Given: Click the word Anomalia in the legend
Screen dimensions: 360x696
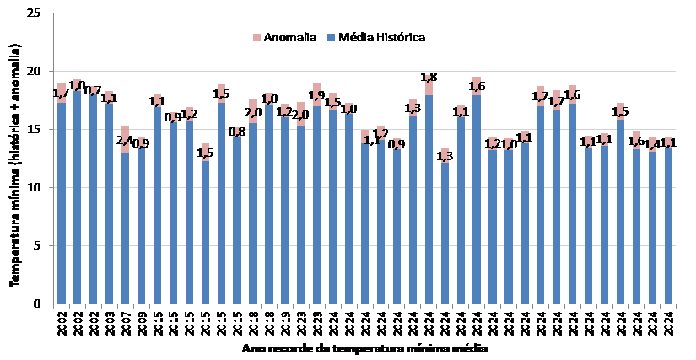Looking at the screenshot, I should coord(289,38).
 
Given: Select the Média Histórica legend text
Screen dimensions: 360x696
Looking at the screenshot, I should coord(381,38).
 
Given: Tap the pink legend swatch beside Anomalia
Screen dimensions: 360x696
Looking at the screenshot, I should coord(256,38).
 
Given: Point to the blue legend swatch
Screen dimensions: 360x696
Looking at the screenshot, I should coord(332,38).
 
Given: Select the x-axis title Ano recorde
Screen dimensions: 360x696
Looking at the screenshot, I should coord(364,347).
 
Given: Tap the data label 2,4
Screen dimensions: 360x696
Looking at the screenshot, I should coord(125,140).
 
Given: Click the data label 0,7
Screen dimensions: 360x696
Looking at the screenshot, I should coord(93,90).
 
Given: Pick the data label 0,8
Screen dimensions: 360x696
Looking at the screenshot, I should coord(237,132).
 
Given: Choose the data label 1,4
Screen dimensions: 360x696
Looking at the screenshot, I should coord(652,143).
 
